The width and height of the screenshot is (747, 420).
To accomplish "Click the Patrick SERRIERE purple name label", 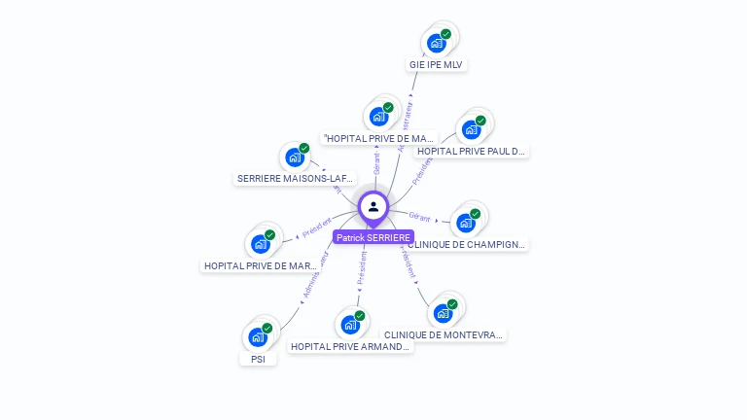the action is [x=373, y=237].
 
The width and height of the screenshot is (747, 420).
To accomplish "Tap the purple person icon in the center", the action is [x=373, y=206].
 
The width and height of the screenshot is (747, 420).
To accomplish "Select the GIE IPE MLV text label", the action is [x=437, y=65].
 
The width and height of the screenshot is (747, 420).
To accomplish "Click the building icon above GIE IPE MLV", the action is [x=436, y=43].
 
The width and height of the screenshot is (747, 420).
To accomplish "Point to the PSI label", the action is [x=258, y=359].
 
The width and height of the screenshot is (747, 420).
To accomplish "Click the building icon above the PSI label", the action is [x=257, y=337].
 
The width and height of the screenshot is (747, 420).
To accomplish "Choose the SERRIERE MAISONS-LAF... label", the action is [x=295, y=179].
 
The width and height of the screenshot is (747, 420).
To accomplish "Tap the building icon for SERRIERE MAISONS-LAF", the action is [x=294, y=157].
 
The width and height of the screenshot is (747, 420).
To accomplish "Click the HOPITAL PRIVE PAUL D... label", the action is [x=472, y=151].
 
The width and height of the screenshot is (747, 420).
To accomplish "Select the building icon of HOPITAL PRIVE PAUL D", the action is [x=471, y=129].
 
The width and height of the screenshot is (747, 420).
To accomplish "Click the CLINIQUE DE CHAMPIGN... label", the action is [x=467, y=245].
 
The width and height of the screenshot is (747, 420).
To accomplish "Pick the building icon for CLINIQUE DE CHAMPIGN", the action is [x=466, y=223].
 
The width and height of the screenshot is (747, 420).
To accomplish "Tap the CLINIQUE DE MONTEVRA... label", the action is [x=444, y=334].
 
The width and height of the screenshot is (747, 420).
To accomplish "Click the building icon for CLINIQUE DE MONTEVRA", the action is [x=443, y=313].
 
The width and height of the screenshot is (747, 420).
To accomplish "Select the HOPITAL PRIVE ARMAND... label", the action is [x=350, y=346].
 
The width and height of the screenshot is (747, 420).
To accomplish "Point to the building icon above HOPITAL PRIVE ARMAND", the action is [x=350, y=325].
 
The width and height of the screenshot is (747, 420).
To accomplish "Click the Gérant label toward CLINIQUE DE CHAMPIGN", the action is [x=419, y=217].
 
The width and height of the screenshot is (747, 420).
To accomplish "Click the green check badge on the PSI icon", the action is [x=267, y=328].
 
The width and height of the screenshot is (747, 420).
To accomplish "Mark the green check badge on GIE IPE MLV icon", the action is [x=445, y=34].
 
